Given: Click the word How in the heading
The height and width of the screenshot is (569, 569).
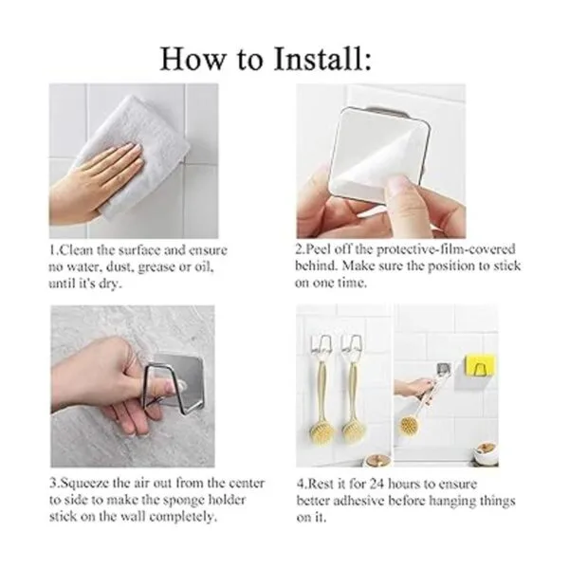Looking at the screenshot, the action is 193,59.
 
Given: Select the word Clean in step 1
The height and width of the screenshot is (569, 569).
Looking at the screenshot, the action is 76,250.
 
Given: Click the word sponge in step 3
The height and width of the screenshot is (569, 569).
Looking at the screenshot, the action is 182,501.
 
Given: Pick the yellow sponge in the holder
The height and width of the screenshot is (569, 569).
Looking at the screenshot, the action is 480,367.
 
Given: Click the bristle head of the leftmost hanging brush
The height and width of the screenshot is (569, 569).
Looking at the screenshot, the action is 321,431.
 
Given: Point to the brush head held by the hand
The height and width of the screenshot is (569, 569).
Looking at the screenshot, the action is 410,425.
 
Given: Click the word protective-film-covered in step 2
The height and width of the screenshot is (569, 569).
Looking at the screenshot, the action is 446,249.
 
